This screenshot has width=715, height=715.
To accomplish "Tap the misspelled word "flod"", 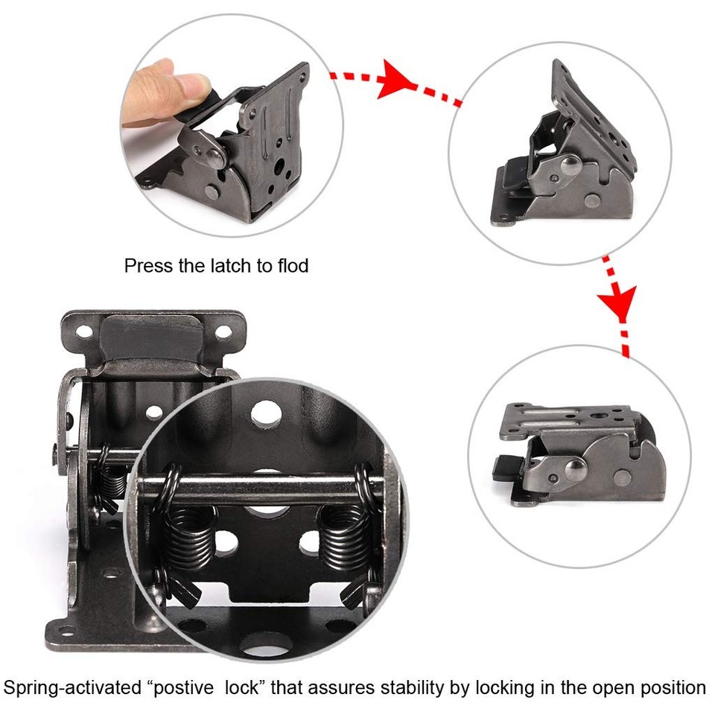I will pos(292,266).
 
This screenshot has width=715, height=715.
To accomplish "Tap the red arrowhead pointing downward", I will pos(617,301).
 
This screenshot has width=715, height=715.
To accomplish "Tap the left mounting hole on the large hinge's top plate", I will pos(85,329).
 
